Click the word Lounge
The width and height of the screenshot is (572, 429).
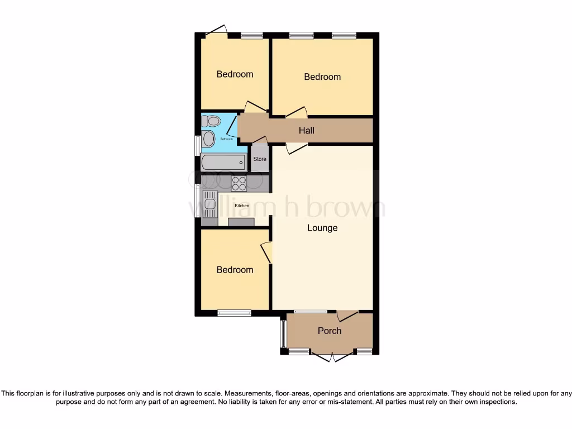pos(322,228)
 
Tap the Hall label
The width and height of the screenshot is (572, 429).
pos(307,130)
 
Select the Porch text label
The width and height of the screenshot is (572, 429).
pos(329,331)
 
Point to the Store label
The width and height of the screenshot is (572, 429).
pos(260,159)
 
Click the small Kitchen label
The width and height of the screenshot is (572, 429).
pos(242,206)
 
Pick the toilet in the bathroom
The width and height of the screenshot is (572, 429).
pos(212,121)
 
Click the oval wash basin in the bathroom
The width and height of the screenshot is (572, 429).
pos(208,139)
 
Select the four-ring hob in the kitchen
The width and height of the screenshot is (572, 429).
pos(239,184)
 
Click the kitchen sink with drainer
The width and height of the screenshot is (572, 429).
pos(210,204)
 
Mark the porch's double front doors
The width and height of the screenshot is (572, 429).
pos(332,356)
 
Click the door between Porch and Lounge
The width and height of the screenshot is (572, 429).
pos(346,316)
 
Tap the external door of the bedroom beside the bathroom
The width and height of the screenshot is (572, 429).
pos(217,30)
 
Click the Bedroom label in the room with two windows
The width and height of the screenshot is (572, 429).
pos(322,77)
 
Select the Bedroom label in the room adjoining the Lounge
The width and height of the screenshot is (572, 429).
pos(235,270)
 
